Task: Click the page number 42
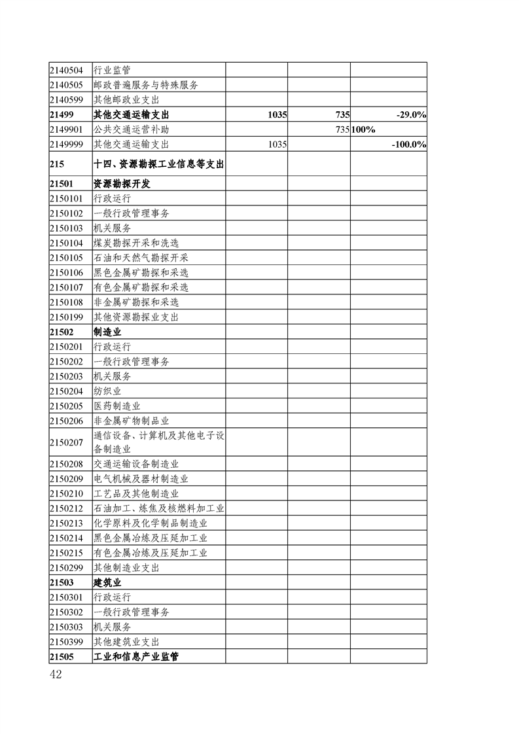pos(55,674)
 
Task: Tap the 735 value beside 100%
pos(342,130)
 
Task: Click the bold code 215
pos(56,165)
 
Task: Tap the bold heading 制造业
pos(107,332)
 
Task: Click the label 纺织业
pos(107,391)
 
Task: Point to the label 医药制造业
pos(117,406)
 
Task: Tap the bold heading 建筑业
pos(107,582)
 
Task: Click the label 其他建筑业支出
pos(126,642)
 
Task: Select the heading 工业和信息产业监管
pos(136,656)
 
